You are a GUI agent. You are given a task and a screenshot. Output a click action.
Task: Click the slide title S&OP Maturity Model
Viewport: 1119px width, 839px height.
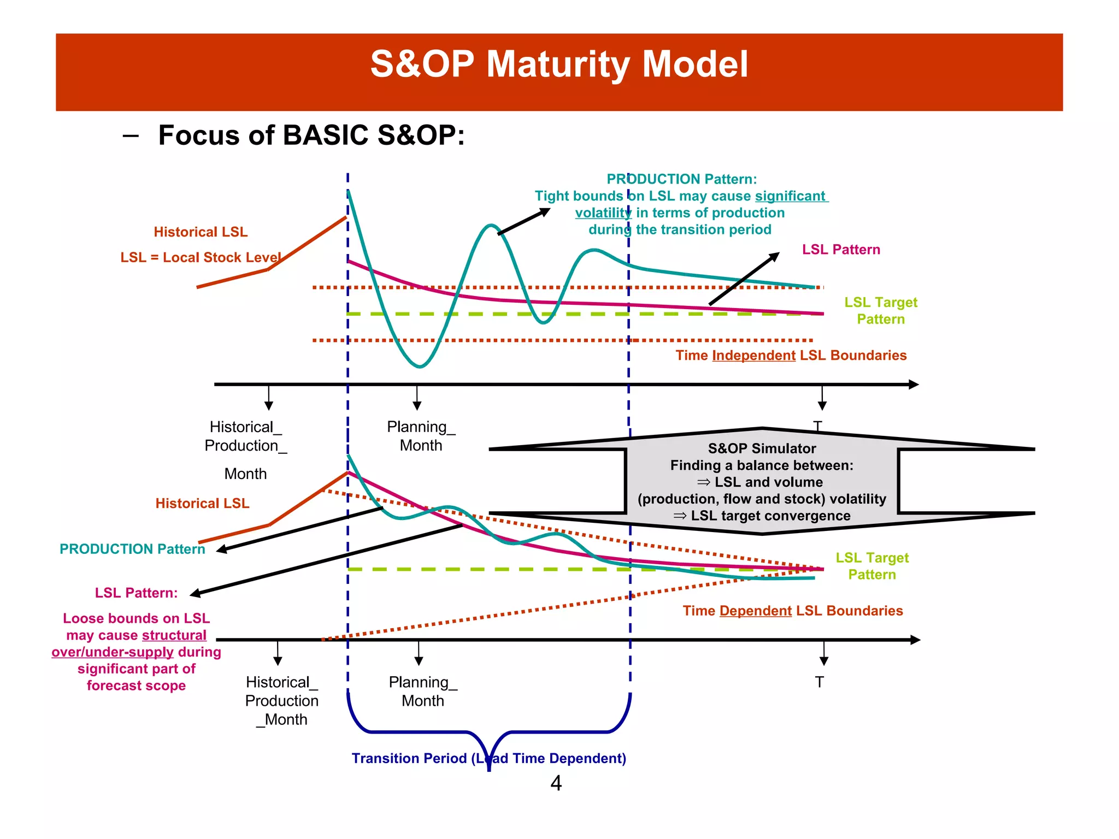(559, 64)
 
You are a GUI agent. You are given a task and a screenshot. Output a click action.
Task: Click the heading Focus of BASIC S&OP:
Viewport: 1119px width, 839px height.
(311, 135)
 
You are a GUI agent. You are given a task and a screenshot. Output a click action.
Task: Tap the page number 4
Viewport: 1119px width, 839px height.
(556, 783)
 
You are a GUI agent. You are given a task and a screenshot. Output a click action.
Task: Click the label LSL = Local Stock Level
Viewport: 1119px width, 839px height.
(201, 257)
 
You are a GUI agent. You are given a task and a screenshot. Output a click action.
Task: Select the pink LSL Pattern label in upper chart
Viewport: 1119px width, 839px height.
(841, 250)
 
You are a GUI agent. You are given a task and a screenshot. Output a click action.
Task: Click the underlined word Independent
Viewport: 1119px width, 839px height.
(753, 356)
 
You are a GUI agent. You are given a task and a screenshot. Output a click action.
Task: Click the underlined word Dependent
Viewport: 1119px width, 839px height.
(755, 611)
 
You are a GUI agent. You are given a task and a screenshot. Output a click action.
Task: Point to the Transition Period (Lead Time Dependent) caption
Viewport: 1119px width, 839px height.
(488, 758)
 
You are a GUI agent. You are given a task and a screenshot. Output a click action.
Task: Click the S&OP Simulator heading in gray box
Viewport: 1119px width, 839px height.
(762, 448)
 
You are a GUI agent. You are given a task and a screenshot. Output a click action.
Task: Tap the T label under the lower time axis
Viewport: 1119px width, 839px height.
(819, 682)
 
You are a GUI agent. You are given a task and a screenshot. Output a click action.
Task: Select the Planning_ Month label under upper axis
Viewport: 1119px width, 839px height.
(421, 436)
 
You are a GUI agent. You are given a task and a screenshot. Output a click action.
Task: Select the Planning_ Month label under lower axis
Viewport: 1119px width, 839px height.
(422, 691)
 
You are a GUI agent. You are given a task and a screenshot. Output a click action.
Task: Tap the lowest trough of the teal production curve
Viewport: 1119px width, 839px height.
(419, 366)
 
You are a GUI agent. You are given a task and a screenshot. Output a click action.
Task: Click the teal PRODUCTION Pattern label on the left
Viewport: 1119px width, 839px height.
(132, 549)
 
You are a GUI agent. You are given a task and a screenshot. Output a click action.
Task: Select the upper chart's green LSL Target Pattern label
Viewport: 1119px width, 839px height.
(880, 310)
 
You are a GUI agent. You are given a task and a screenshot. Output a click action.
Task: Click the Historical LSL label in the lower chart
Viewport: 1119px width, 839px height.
(202, 503)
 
